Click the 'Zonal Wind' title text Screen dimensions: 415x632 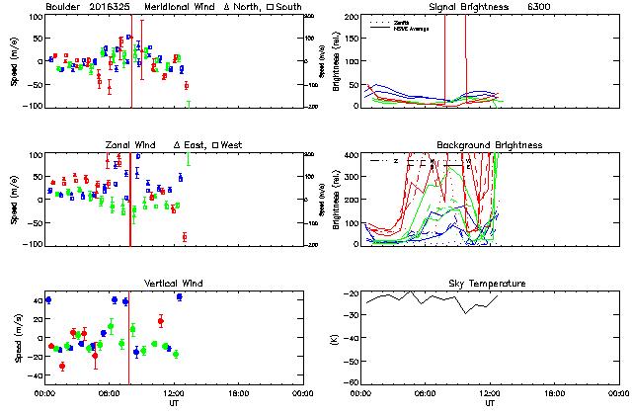[130, 145]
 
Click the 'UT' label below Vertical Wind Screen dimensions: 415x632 [173, 404]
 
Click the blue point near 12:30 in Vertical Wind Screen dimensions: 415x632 [179, 296]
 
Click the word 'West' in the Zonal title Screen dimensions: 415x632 [231, 145]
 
